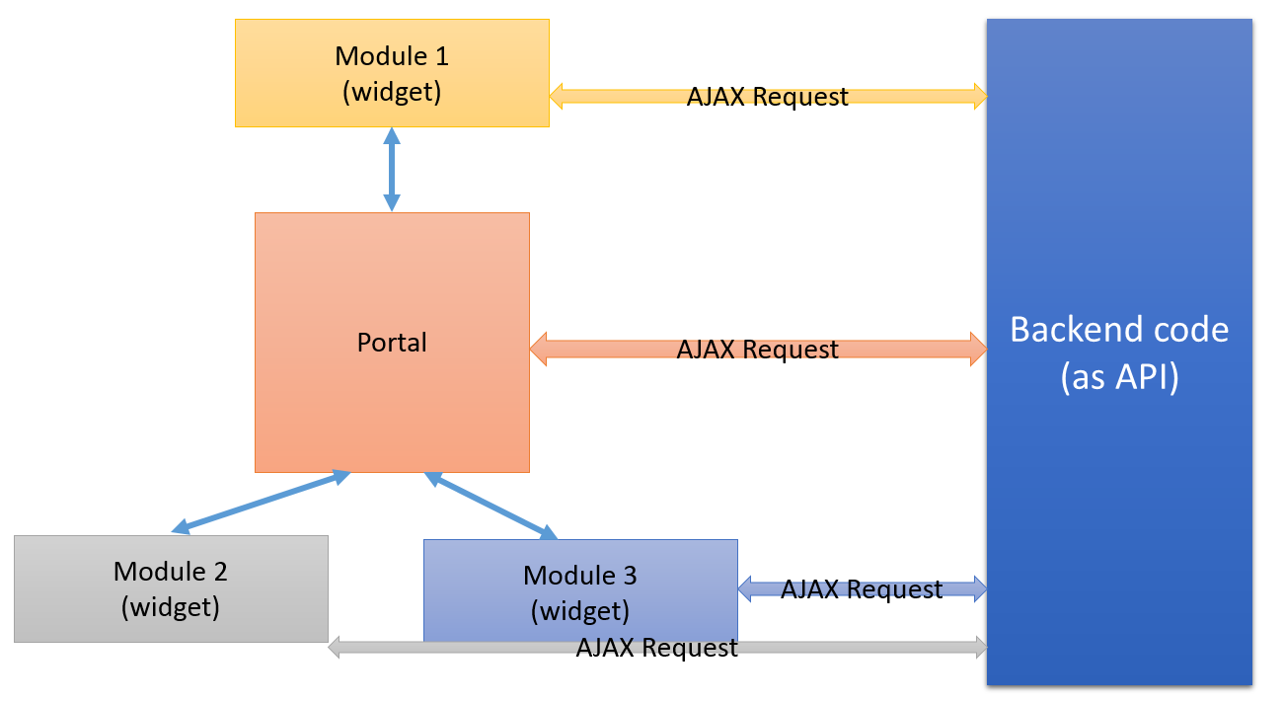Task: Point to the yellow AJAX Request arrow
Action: [622, 96]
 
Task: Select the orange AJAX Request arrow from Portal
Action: [612, 349]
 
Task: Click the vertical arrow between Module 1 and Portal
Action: [392, 169]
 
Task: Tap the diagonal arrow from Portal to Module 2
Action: [262, 503]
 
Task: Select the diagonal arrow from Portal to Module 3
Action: [491, 506]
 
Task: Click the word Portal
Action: [392, 343]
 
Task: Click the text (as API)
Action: [1119, 378]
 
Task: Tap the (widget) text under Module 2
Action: [171, 605]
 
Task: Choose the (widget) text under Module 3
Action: [580, 610]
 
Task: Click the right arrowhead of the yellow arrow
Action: [979, 96]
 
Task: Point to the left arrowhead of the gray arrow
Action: [336, 648]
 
